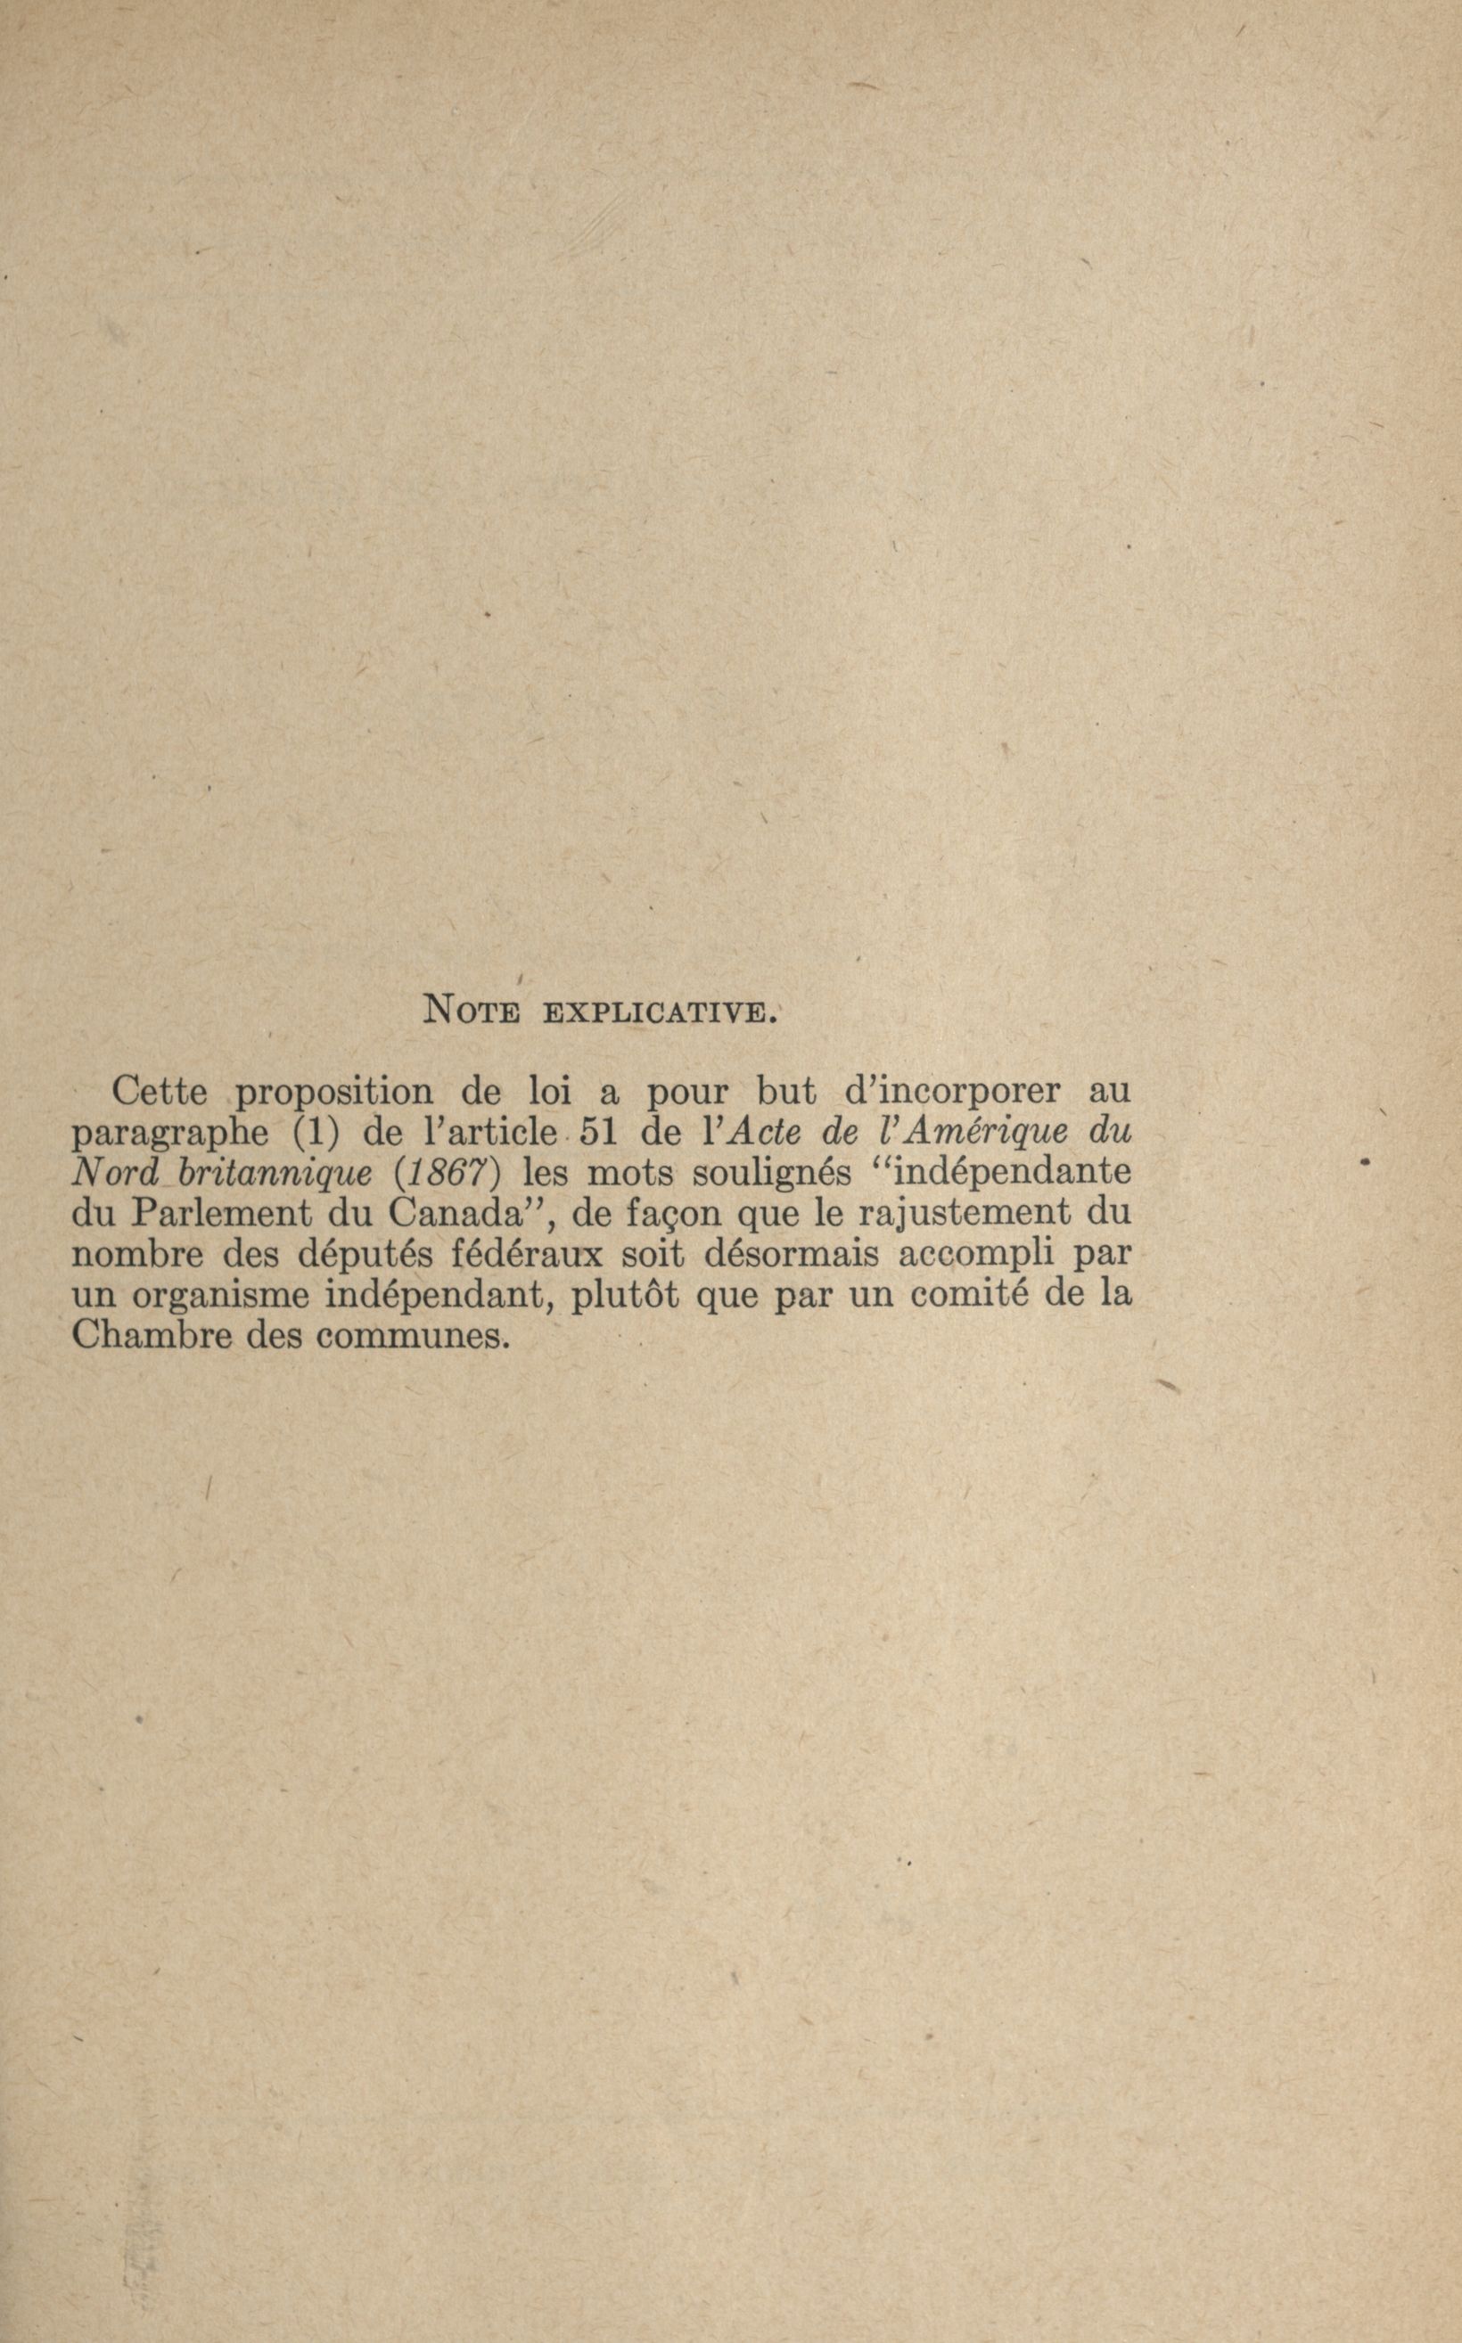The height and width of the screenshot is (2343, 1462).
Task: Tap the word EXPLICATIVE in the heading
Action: pyautogui.click(x=659, y=1013)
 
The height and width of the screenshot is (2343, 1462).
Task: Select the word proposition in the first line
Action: pyautogui.click(x=334, y=1093)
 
